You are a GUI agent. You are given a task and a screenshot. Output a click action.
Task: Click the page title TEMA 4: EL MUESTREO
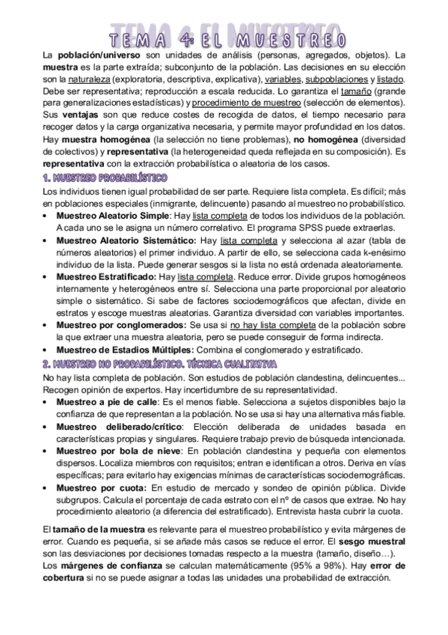[x=224, y=38]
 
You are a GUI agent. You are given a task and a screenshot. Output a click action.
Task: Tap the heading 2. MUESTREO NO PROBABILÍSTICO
[x=159, y=364]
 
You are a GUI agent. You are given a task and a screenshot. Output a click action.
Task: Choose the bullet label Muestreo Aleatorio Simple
[x=113, y=216]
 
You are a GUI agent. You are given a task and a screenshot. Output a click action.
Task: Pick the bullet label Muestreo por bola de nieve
[x=117, y=450]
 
